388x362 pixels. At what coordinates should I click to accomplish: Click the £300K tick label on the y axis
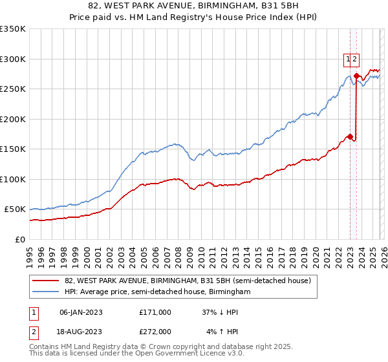[13, 59]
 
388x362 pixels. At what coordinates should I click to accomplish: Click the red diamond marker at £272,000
[356, 76]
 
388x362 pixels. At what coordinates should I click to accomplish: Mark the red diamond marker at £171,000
[350, 136]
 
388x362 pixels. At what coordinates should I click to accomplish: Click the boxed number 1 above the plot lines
[348, 59]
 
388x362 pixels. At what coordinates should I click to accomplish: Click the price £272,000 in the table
[155, 332]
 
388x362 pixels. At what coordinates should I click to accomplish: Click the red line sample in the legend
[45, 281]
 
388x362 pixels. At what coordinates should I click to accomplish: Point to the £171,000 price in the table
[155, 312]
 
